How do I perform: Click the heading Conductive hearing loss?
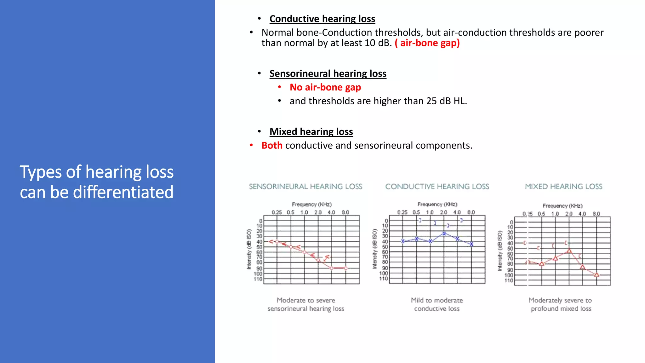point(322,19)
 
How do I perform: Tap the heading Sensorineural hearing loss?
point(328,74)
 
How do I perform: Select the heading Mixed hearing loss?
point(311,132)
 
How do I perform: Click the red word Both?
point(272,146)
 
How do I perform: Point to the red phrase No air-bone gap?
point(325,87)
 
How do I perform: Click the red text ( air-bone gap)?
point(427,43)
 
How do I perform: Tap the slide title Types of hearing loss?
point(96,172)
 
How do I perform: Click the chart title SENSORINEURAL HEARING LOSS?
point(305,187)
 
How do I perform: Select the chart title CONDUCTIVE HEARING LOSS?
point(437,187)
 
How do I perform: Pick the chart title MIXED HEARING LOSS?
point(563,187)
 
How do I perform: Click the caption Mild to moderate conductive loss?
point(437,304)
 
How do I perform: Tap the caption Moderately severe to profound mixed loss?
point(561,304)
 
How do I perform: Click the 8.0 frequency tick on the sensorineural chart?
point(345,212)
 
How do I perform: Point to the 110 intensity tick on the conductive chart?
point(384,279)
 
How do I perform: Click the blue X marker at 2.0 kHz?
point(444,233)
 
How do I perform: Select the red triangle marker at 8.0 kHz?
point(596,275)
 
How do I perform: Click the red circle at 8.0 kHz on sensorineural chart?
point(345,268)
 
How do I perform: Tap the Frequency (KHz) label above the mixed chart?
point(562,206)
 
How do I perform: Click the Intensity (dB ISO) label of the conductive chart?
point(374,249)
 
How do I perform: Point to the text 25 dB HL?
point(446,101)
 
